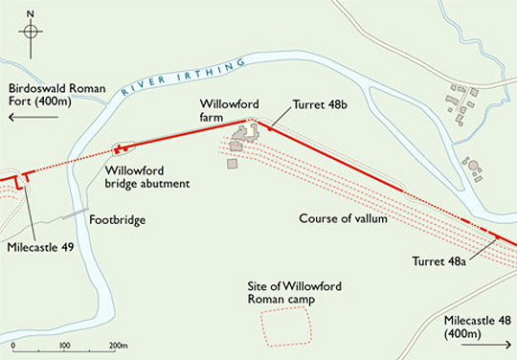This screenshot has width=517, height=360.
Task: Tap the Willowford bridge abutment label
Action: click(x=146, y=176)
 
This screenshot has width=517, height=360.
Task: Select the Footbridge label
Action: click(x=117, y=220)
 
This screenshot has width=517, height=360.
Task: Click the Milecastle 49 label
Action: click(x=38, y=246)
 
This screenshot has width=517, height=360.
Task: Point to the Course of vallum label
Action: click(x=343, y=219)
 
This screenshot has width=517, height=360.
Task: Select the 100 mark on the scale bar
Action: click(x=64, y=346)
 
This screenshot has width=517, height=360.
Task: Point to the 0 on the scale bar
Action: click(x=13, y=346)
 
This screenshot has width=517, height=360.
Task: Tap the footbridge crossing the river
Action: click(x=77, y=214)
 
